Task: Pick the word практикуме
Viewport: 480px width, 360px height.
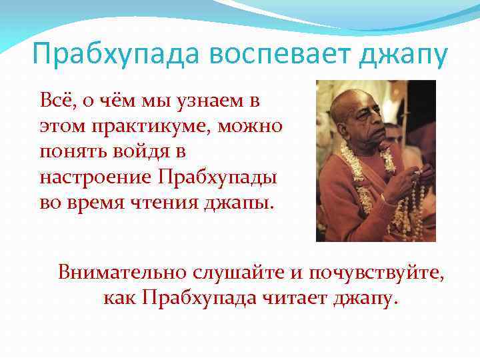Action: (x=134, y=127)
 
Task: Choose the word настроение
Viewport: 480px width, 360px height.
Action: (x=96, y=177)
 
